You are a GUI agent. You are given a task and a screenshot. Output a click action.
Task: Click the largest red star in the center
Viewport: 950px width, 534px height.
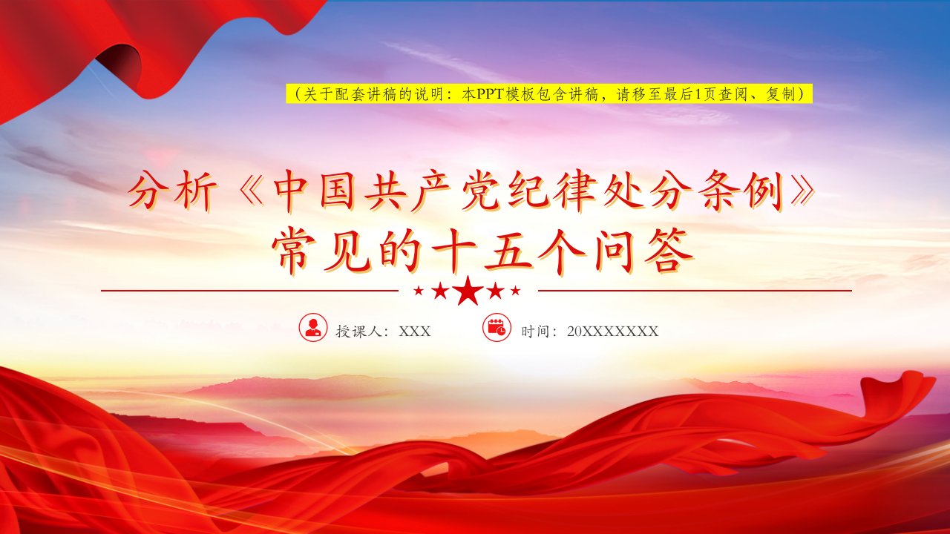click(468, 291)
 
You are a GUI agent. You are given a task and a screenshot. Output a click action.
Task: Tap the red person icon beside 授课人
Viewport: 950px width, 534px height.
click(313, 327)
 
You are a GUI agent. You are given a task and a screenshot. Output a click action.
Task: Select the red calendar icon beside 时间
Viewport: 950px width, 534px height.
click(497, 327)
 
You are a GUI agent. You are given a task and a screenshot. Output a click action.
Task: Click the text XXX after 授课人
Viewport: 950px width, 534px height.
click(414, 331)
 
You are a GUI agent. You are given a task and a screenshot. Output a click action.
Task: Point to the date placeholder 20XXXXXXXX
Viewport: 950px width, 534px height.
click(612, 331)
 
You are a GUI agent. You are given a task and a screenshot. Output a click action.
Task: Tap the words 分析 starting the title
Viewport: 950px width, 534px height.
click(171, 191)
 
